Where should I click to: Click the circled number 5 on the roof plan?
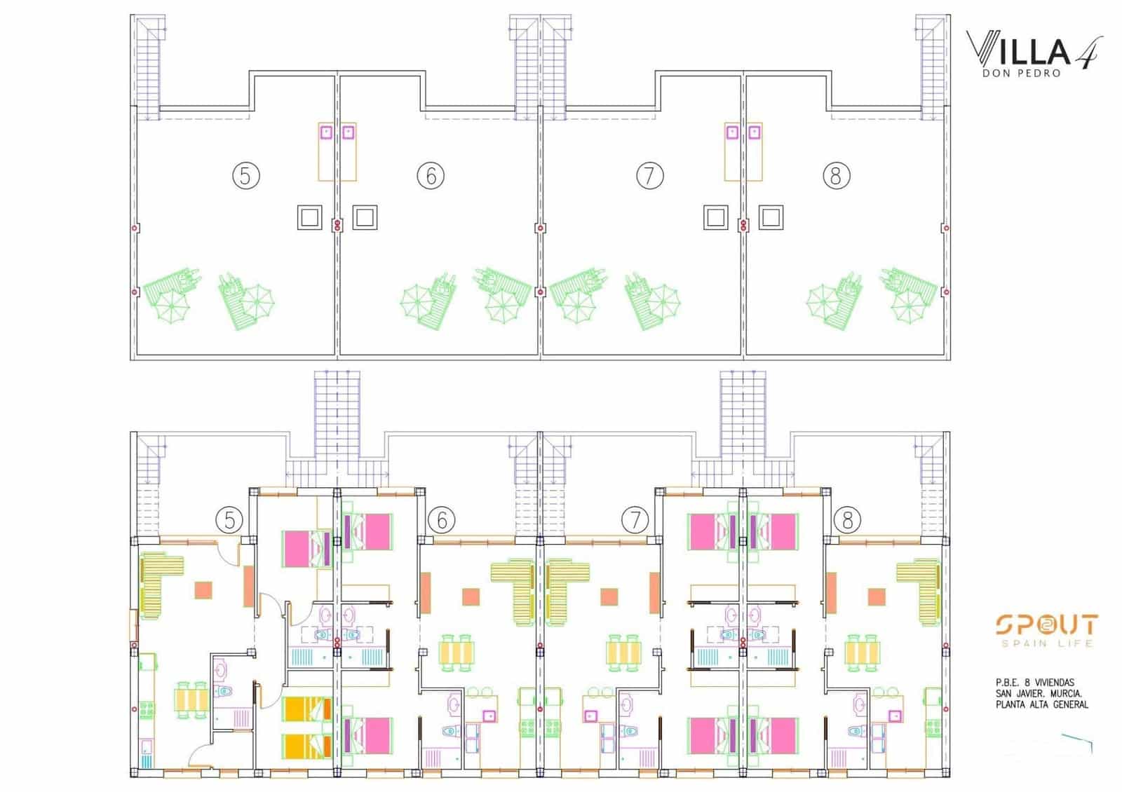click(x=245, y=175)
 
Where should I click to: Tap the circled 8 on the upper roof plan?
click(x=835, y=175)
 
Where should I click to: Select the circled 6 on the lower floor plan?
click(x=442, y=520)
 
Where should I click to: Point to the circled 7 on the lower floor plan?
click(x=635, y=520)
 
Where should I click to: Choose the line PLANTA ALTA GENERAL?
click(x=1042, y=704)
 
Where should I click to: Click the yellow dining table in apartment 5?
click(x=191, y=699)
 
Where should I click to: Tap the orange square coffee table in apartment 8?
click(x=877, y=596)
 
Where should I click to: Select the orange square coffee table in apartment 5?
click(x=204, y=589)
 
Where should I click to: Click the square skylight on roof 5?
click(x=309, y=217)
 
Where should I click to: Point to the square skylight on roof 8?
click(x=771, y=217)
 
